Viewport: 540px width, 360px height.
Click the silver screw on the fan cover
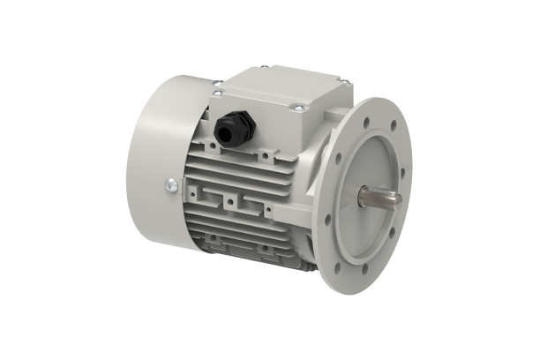[170, 185]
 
